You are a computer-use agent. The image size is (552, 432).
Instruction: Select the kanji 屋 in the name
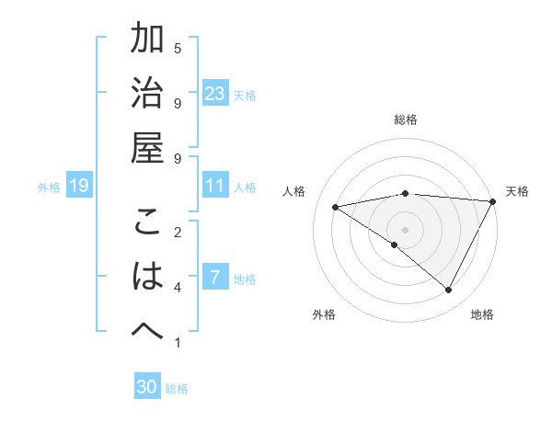147,148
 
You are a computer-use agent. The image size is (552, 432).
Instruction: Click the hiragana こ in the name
147,223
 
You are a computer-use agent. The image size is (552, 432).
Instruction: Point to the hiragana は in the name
147,277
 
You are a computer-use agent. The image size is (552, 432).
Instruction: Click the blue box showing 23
215,94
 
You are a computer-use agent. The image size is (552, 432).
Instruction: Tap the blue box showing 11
215,186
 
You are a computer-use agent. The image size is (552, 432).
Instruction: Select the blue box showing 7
215,278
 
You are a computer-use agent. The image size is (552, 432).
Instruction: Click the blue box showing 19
79,187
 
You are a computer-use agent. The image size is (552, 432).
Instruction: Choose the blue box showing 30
147,387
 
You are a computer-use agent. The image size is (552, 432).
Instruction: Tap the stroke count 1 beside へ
178,343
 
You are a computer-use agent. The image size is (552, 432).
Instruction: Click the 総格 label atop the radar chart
406,119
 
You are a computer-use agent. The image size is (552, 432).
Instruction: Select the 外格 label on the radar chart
324,314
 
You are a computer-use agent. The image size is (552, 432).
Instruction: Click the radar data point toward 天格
494,201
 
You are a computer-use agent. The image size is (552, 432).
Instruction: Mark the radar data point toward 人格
336,207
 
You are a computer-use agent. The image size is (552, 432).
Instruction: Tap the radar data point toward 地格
449,290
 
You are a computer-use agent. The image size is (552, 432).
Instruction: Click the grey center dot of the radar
406,229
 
